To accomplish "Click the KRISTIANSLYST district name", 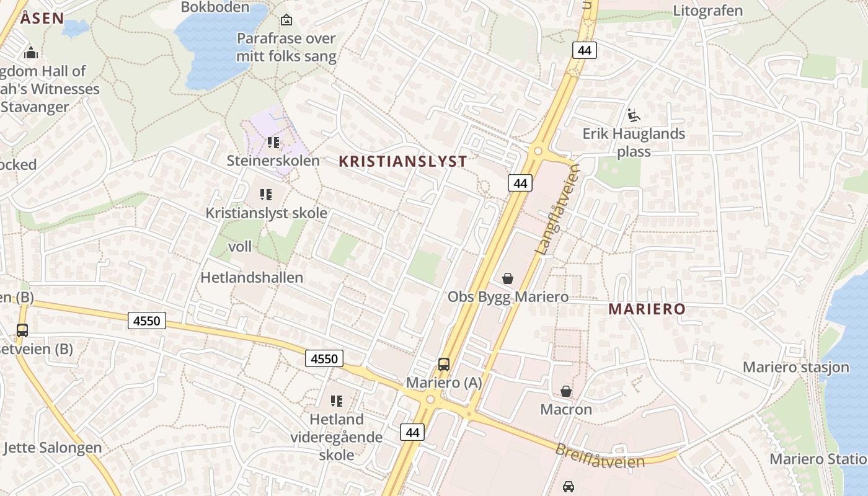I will click(403, 162).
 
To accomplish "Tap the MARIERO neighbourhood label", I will click(647, 309).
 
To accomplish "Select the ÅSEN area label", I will click(42, 18).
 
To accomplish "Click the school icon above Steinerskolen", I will click(273, 143).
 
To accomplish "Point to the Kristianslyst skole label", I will click(267, 213).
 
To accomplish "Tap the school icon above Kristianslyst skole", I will click(267, 195).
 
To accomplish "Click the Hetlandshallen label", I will click(252, 277).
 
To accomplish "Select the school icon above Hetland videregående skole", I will click(337, 401).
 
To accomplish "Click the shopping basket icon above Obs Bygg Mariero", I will click(508, 278).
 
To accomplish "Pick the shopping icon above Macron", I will click(566, 391).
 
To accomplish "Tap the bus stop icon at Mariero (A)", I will click(444, 365).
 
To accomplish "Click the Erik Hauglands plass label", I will click(634, 143).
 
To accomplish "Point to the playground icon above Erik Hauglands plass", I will click(634, 115).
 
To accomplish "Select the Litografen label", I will click(707, 11).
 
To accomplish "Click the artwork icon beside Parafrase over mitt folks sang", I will click(286, 20).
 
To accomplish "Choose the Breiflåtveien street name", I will click(600, 456).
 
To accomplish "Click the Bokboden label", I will click(215, 7).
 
